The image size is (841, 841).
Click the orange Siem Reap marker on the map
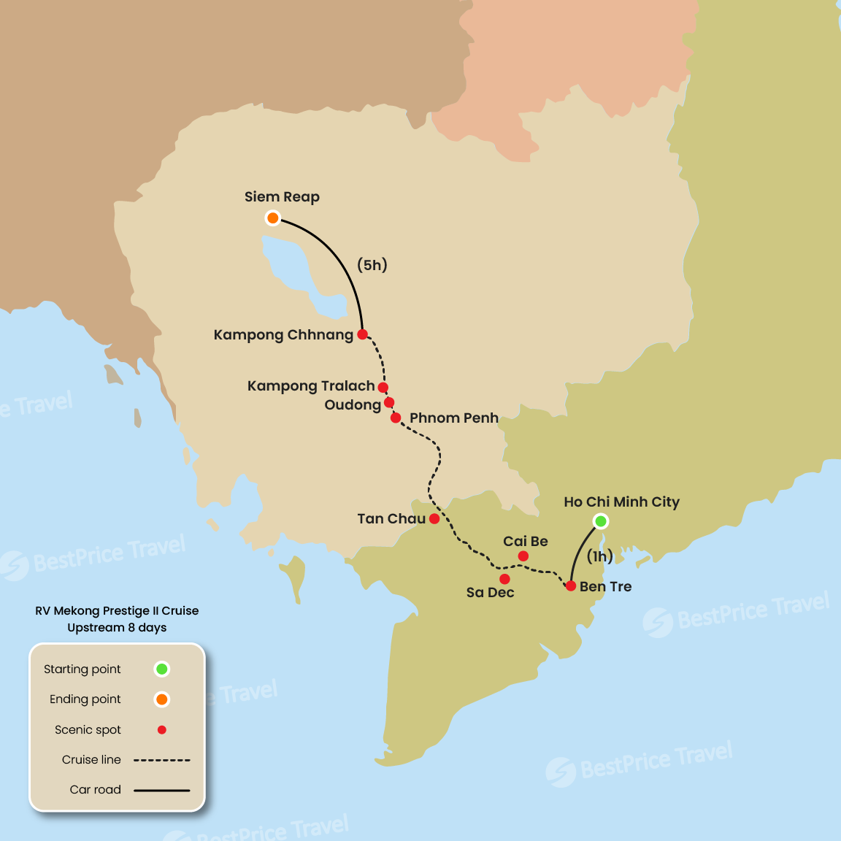coord(272,218)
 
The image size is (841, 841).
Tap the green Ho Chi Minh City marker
coord(600,521)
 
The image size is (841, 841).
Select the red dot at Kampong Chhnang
coord(362,334)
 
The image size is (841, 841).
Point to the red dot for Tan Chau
coord(434,519)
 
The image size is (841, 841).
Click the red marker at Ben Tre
coord(571,586)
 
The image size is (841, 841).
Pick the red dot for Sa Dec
coord(504,579)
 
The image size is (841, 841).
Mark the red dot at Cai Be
coord(523,556)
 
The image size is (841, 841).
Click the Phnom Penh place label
coord(453,418)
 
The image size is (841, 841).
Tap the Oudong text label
coord(353,405)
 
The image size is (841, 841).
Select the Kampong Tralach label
coord(311,386)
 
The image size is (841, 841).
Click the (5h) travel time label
coord(372,265)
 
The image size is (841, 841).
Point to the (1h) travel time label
coord(599,557)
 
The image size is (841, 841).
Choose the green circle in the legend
coord(162,669)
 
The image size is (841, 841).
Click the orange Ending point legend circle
coord(162,699)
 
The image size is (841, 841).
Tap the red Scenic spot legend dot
coord(162,730)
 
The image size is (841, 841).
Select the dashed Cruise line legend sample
coord(161,760)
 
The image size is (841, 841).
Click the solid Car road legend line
coord(161,790)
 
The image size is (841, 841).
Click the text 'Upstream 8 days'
coord(117,628)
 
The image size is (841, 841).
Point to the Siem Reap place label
coord(282,197)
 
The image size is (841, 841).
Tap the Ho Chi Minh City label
coord(621,502)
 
